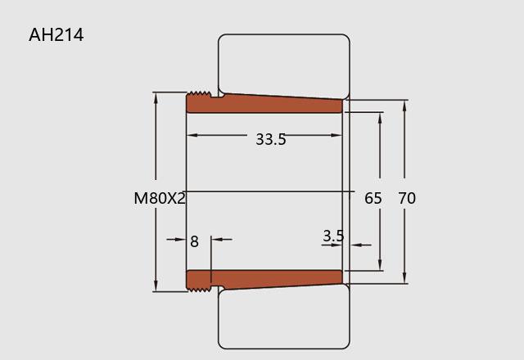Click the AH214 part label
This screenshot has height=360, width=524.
coord(56,34)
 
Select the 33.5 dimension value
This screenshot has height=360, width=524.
coord(271,139)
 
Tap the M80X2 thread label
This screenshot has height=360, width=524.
coord(160,198)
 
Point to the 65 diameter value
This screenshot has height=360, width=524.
coord(373,198)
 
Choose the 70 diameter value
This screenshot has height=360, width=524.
coord(407,198)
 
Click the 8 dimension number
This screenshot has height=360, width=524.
coord(194,241)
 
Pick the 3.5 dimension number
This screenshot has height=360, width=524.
coord(333,236)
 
